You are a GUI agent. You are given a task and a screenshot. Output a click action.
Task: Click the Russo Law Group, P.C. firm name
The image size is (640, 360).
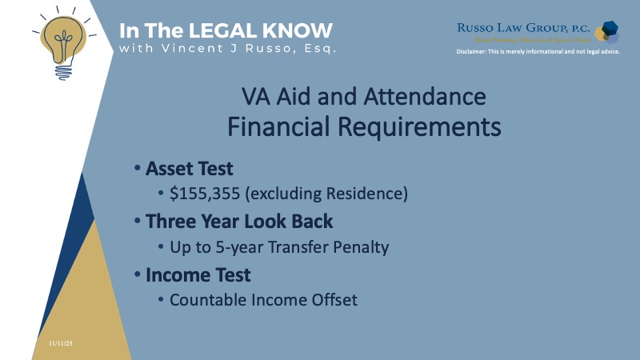pos(524,26)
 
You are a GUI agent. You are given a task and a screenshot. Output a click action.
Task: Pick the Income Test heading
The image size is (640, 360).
pos(198,275)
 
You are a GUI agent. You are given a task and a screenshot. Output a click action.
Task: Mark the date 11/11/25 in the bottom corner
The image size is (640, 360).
pos(60,342)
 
